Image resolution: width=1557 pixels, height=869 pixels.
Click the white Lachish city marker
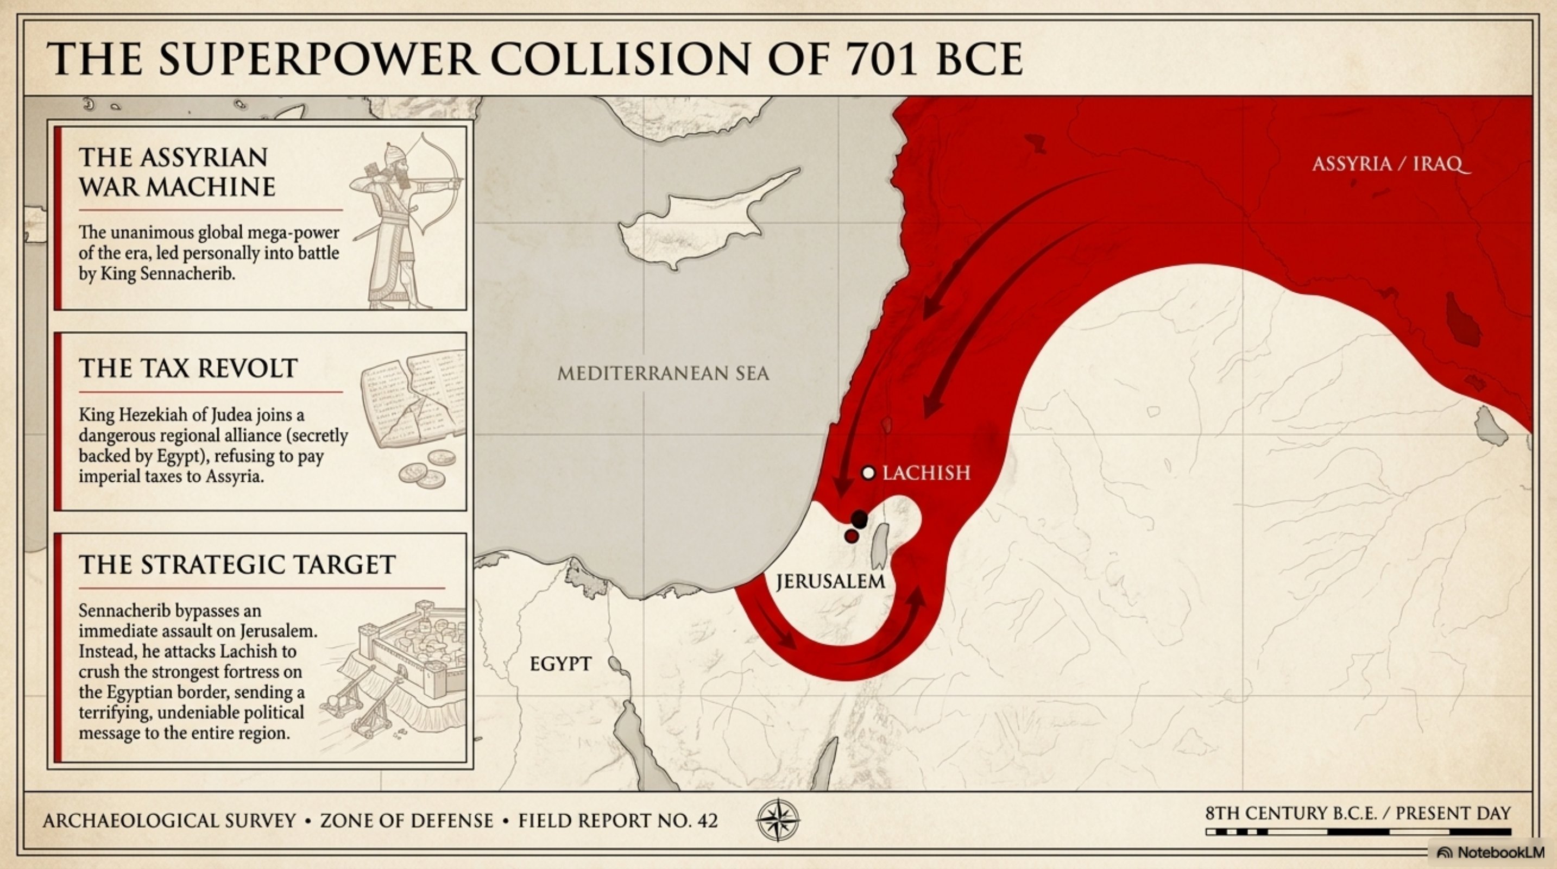(x=868, y=473)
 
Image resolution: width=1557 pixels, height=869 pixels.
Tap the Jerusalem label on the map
(x=830, y=581)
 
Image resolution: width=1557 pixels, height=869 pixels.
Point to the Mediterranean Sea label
(x=663, y=374)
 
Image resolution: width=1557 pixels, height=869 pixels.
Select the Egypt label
(x=560, y=664)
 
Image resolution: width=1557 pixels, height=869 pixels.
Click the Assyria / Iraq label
(x=1390, y=164)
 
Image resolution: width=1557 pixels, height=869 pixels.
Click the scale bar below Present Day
(x=1358, y=832)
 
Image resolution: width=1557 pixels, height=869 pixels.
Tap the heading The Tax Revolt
(x=188, y=368)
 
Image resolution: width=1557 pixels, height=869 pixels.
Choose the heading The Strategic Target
(x=237, y=564)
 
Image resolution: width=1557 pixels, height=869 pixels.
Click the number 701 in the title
(x=882, y=59)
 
